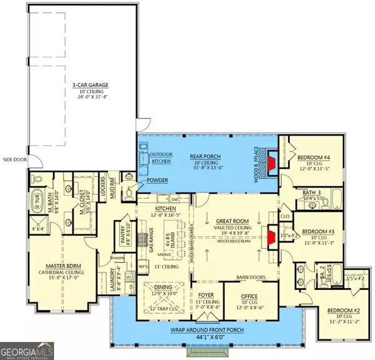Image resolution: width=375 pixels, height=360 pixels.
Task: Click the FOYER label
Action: [x=206, y=292]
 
